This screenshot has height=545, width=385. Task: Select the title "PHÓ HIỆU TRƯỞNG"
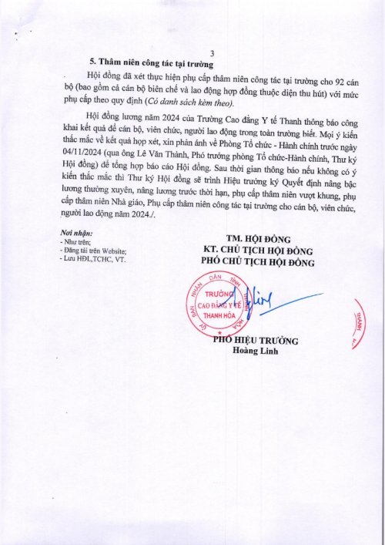pyautogui.click(x=256, y=341)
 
